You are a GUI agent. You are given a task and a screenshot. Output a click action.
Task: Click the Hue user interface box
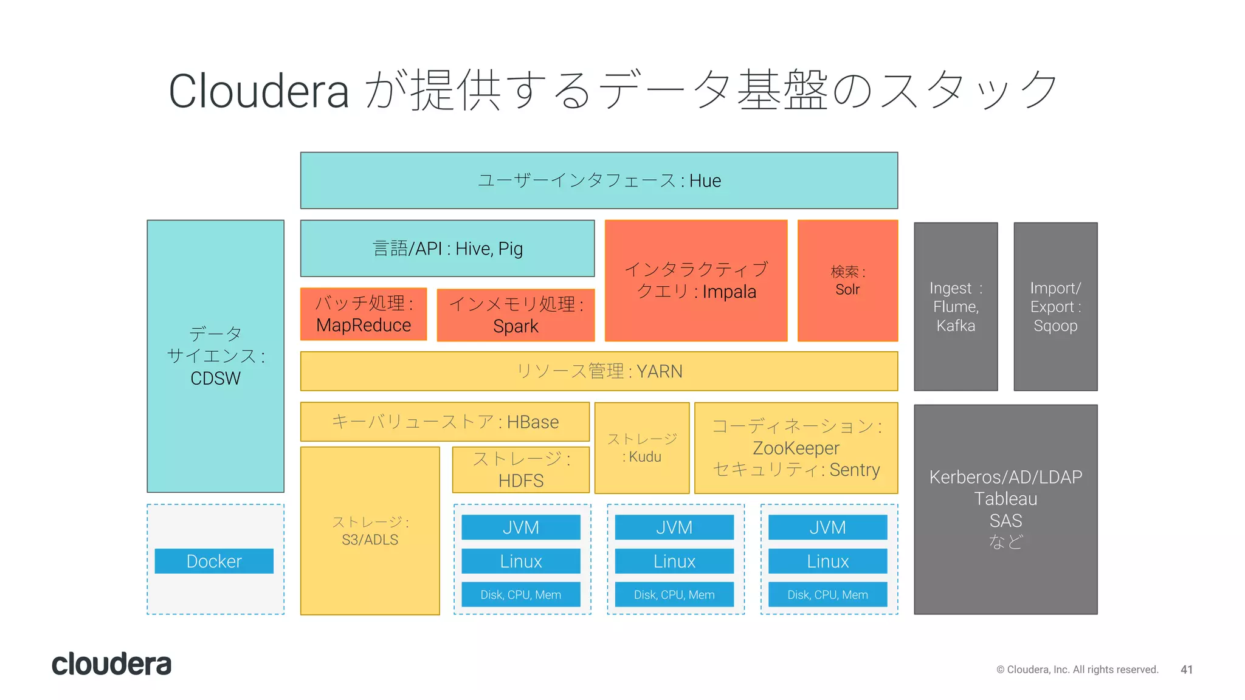point(599,180)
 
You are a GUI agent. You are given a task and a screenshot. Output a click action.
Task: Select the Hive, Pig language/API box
point(447,249)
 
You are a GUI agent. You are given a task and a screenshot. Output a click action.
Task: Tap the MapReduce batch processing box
point(364,314)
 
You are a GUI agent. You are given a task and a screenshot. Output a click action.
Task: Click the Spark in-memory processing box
point(516,315)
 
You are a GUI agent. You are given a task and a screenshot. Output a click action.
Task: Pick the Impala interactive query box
point(696,281)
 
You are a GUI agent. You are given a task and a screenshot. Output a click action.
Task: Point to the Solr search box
point(847,281)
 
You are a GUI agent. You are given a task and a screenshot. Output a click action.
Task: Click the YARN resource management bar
point(599,371)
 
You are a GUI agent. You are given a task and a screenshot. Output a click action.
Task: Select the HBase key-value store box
point(445,422)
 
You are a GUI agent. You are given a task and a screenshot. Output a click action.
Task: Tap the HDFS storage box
point(521,470)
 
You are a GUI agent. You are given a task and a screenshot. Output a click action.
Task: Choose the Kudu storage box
point(642,448)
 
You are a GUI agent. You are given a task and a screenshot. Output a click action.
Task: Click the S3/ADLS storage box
point(370,531)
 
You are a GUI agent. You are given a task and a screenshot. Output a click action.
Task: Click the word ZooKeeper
point(796,448)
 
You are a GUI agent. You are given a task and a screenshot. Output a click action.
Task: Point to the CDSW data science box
point(215,356)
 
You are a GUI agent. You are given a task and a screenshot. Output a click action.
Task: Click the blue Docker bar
point(214,561)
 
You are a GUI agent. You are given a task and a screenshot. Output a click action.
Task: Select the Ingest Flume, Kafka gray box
point(956,307)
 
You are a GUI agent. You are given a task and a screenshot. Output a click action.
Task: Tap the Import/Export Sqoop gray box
point(1055,307)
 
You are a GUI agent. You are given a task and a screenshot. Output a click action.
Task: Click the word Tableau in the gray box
point(1005,499)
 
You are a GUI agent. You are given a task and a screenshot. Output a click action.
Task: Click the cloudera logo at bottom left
point(111,664)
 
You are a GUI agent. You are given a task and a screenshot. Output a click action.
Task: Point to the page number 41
point(1186,670)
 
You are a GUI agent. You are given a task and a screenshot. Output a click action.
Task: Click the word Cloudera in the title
point(258,91)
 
